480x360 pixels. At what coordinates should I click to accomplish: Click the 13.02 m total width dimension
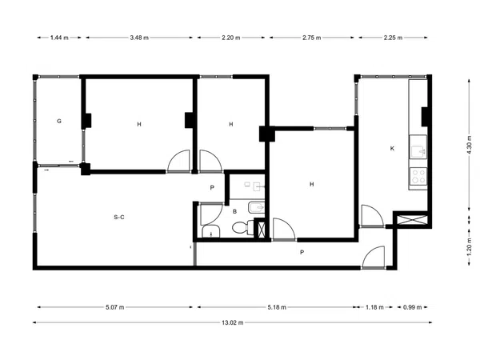click(233, 322)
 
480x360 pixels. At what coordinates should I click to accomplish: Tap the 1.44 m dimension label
click(59, 38)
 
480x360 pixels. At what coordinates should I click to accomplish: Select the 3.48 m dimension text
click(139, 38)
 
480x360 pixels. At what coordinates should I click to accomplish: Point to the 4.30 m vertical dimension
click(470, 146)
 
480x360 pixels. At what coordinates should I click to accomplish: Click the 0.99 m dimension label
click(412, 307)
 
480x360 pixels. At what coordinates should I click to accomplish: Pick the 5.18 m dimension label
click(277, 307)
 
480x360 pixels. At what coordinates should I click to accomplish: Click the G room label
click(59, 121)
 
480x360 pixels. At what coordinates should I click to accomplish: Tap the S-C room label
click(119, 217)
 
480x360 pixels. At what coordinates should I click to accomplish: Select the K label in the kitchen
click(392, 149)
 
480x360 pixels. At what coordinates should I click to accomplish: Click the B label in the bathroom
click(234, 211)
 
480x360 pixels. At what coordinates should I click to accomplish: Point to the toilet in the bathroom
click(242, 227)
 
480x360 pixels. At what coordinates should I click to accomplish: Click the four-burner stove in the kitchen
click(418, 176)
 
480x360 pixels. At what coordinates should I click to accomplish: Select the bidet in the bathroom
click(256, 208)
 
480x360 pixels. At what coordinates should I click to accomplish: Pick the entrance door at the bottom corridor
click(373, 257)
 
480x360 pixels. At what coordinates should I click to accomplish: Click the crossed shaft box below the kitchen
click(412, 220)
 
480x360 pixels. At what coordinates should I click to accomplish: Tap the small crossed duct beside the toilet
click(262, 229)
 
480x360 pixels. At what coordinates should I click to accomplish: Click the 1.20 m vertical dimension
click(470, 247)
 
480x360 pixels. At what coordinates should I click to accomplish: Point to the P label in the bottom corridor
click(302, 252)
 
